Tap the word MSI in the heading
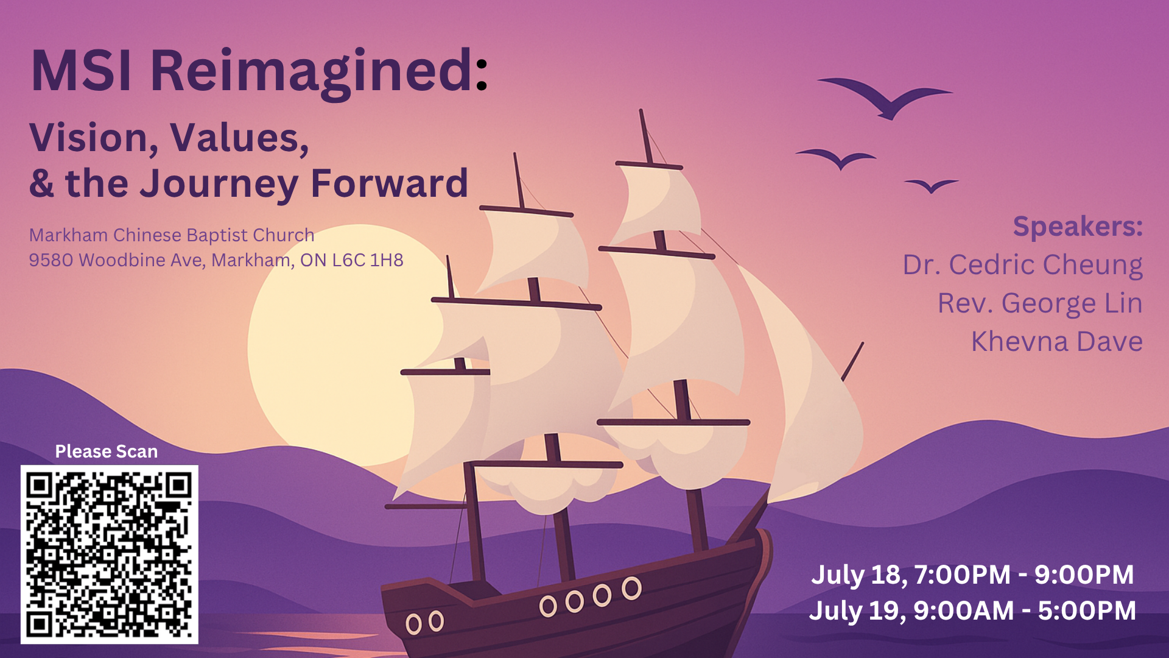82,71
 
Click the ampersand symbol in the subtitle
41,183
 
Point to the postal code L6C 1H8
368,260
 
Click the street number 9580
51,260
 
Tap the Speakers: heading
1078,227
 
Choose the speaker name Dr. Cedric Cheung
1022,266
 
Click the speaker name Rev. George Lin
1040,303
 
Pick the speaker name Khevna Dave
1057,341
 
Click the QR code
110,554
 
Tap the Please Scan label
107,451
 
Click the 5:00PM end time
1087,610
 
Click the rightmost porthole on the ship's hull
631,589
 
